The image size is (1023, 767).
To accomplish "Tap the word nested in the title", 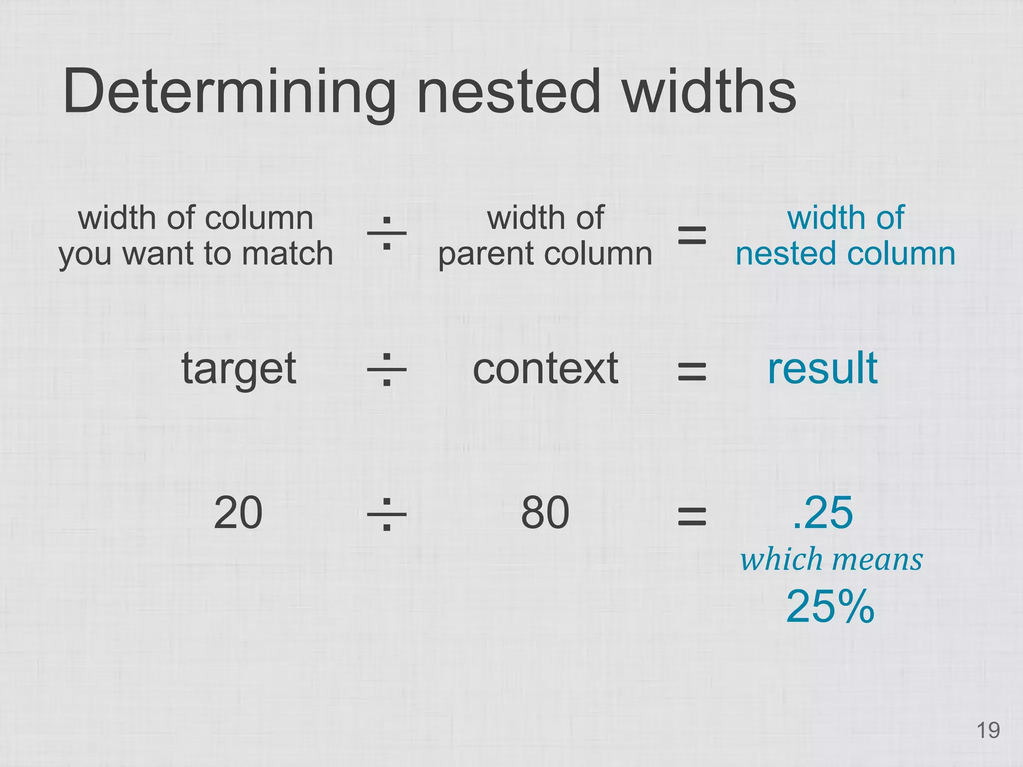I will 509,92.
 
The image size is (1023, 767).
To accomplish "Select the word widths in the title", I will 709,92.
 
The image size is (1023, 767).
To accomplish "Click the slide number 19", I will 988,731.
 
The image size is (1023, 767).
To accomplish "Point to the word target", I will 239,370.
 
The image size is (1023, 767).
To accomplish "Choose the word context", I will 545,369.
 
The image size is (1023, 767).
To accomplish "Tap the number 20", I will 238,513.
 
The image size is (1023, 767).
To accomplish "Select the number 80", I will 545,513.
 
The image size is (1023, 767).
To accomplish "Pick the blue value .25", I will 823,513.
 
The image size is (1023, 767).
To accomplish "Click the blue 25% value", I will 830,607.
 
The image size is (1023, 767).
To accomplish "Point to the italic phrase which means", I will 831,559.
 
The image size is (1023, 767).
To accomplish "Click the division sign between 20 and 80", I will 387,514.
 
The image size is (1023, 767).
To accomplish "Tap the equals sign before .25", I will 692,516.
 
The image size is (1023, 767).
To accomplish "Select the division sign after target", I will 387,370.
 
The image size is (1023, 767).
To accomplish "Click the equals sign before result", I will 692,372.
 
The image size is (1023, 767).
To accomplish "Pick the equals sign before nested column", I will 692,235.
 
